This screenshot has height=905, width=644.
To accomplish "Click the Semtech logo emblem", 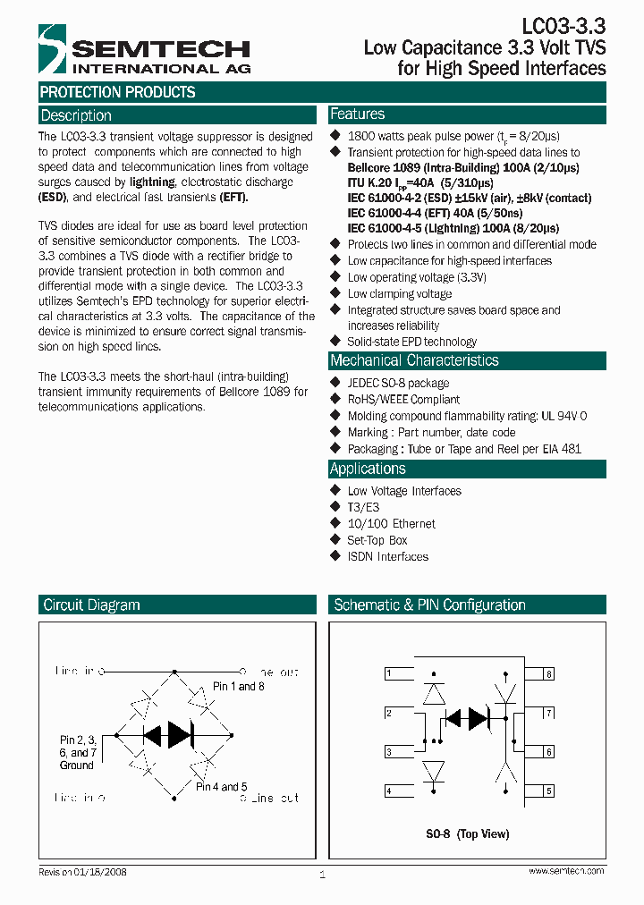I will point(52,49).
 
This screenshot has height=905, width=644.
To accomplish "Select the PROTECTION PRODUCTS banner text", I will point(117,92).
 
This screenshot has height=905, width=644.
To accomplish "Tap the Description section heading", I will point(76,115).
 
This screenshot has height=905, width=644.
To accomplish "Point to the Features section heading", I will point(357,114).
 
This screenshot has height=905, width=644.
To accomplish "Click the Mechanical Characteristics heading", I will point(414,360).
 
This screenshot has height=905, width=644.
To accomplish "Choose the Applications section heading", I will point(368,469).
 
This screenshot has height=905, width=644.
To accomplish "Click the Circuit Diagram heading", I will point(91,605).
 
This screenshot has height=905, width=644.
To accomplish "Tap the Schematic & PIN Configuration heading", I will point(429,605).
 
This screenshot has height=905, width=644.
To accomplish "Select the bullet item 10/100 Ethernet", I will point(391,523).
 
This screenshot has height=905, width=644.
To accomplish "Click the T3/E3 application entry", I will point(363,507).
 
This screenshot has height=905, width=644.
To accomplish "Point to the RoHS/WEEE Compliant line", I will point(403,399).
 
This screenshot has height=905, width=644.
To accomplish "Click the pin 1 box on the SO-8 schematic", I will point(389,673).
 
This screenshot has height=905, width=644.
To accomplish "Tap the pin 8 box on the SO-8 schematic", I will point(548,673).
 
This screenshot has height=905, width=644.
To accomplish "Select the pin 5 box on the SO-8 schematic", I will point(548,791).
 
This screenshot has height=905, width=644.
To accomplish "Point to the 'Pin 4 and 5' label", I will point(221,787).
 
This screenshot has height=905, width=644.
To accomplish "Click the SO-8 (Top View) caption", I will point(468,833).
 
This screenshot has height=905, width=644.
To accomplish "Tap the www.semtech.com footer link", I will point(565,870).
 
